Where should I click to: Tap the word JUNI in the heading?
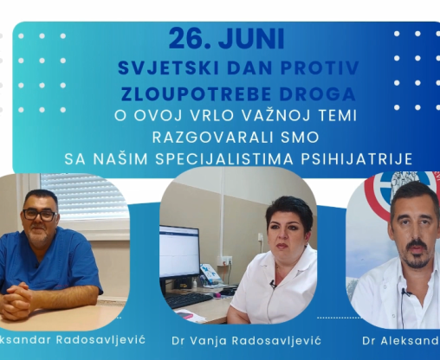(x=251, y=39)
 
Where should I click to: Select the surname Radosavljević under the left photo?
(x=100, y=340)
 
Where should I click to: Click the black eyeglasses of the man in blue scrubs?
(x=40, y=215)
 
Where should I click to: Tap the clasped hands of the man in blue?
(x=16, y=297)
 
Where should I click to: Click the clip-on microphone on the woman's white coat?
(x=273, y=285)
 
